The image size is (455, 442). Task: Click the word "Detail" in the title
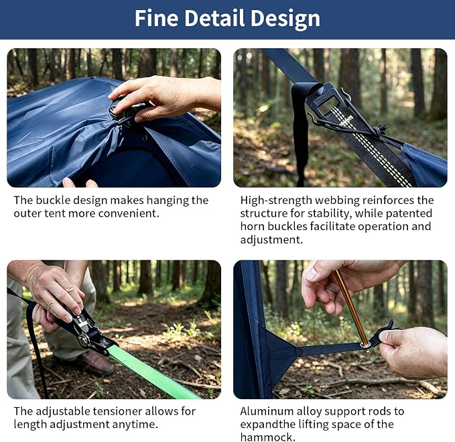point(215,18)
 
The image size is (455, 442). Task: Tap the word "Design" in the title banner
point(285,19)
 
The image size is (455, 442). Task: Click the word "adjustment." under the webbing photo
point(271,240)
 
